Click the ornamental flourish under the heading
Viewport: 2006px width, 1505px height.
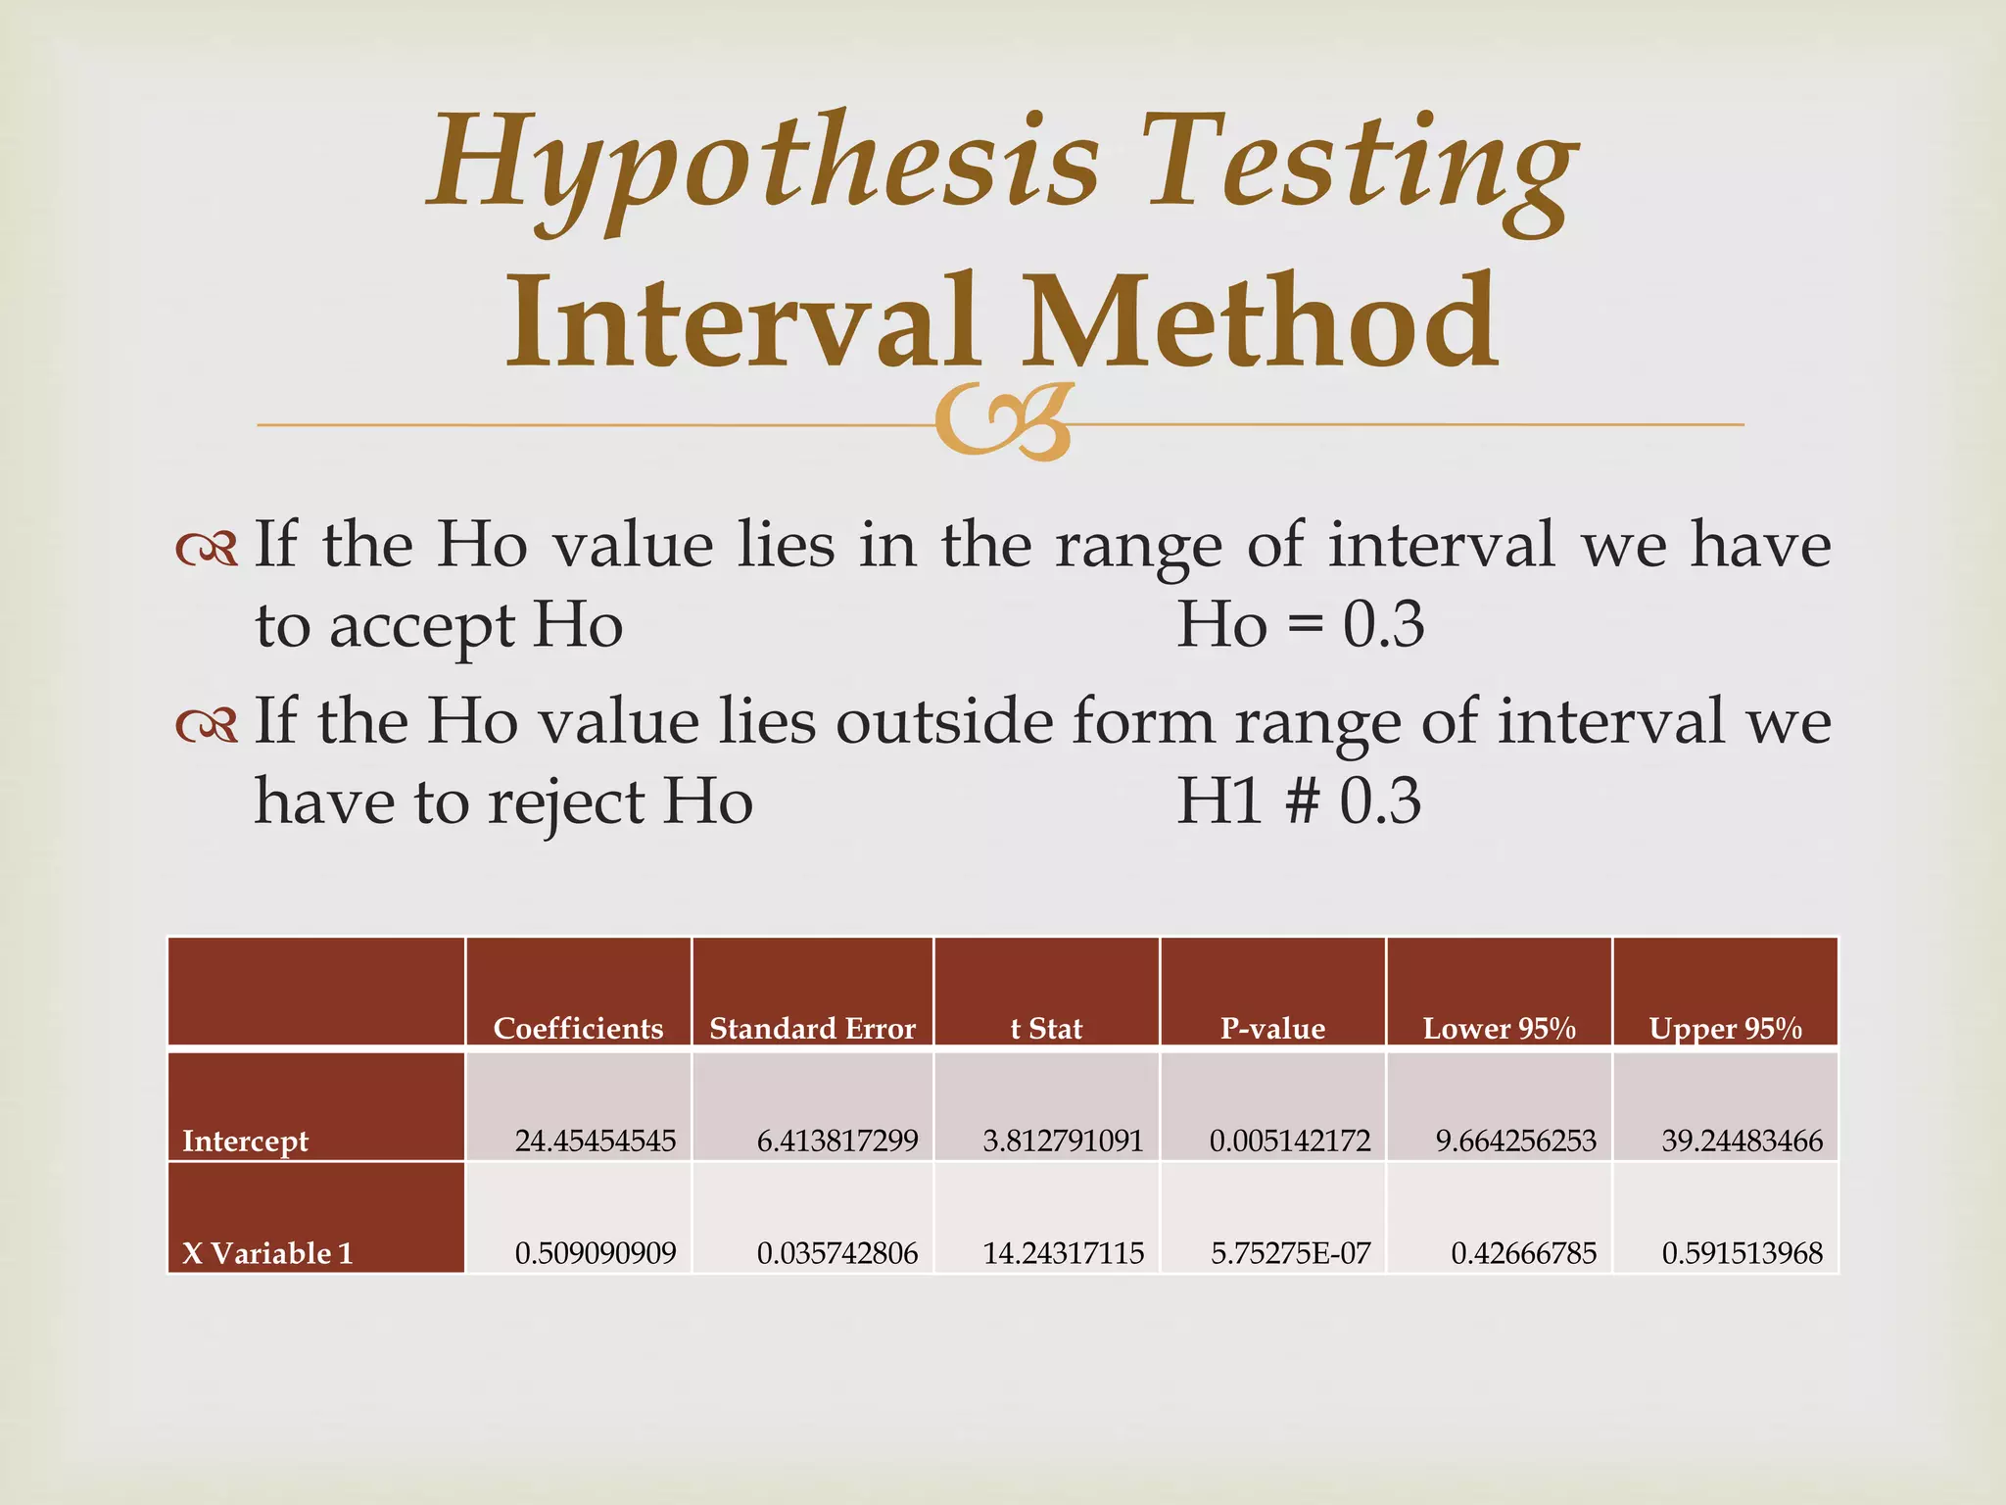(1005, 421)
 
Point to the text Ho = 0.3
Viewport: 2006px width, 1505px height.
(1300, 624)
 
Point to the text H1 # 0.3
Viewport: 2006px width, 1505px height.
(1298, 801)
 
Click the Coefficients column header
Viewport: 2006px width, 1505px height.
(578, 1028)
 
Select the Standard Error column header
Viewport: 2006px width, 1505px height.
(812, 1028)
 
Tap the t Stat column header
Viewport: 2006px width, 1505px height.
(1046, 1028)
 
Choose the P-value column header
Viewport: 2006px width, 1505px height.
(1272, 1028)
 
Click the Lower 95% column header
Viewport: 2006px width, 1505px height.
(1499, 1028)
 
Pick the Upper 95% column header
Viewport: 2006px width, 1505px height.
(1725, 1028)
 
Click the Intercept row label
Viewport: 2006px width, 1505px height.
(245, 1141)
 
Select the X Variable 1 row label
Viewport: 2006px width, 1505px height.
(267, 1253)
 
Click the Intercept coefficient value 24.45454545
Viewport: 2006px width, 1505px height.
(596, 1141)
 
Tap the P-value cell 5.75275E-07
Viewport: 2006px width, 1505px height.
(1290, 1253)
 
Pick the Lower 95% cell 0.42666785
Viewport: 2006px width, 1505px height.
(1523, 1253)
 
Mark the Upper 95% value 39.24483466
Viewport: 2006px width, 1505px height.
(1742, 1141)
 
